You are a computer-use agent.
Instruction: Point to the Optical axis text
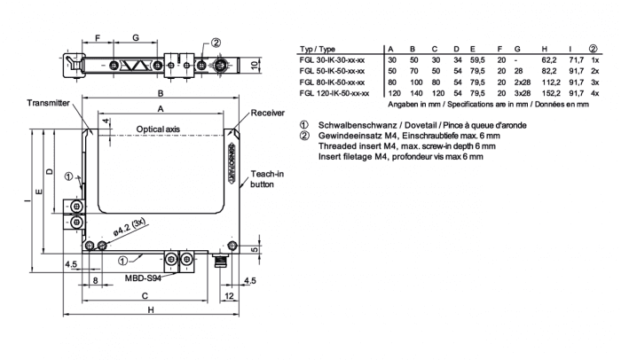coord(158,129)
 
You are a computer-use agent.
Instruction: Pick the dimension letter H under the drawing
coord(151,309)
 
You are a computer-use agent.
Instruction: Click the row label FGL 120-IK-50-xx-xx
coord(334,93)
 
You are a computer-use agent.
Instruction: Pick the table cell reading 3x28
coord(520,93)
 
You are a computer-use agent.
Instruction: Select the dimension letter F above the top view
coord(98,39)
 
